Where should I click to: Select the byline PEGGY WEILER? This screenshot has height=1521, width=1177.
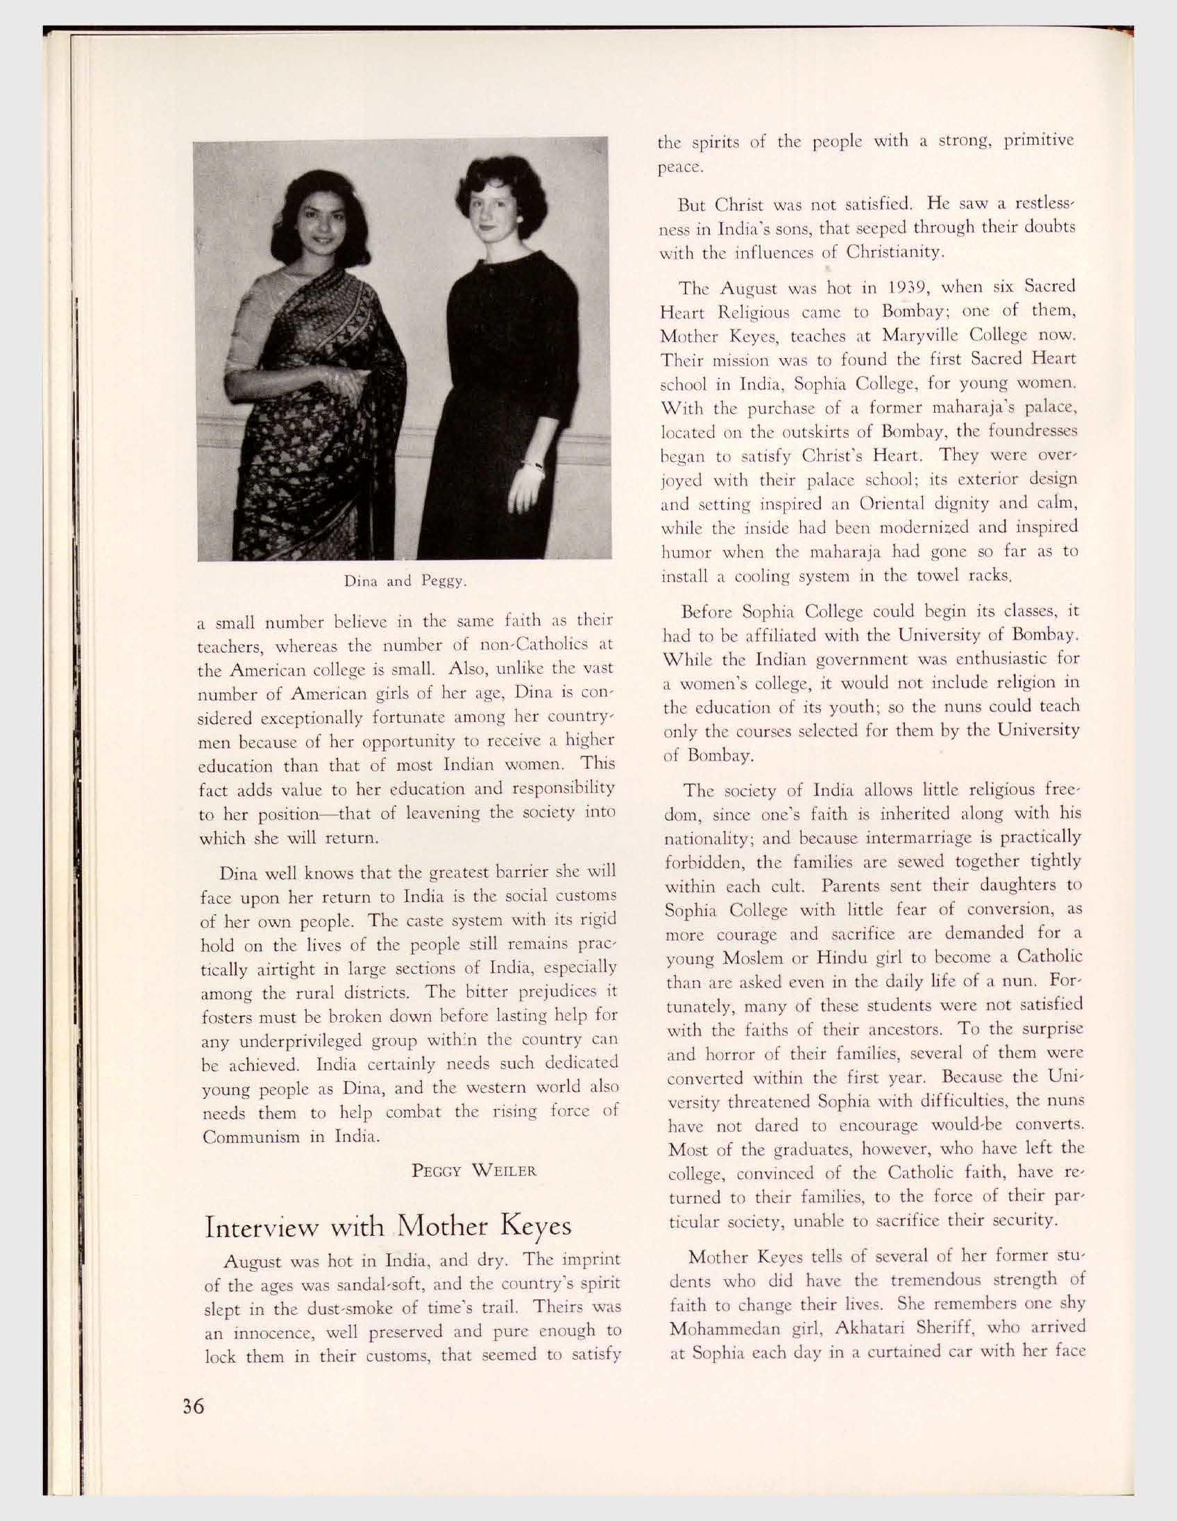pos(474,1171)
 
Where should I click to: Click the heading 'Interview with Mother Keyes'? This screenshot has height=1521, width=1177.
pos(388,1225)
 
